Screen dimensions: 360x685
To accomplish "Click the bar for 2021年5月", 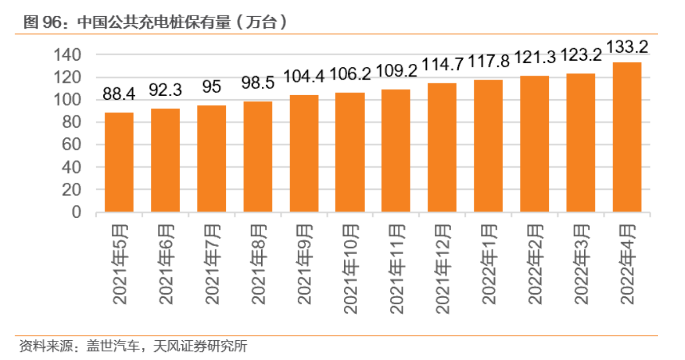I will (119, 162).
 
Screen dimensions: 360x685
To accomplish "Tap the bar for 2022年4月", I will (627, 137).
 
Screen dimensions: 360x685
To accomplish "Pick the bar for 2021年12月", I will (442, 147).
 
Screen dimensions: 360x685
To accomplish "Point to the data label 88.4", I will (119, 94).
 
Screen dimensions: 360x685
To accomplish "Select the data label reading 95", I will (212, 87).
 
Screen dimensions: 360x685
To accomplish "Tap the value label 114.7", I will (442, 64).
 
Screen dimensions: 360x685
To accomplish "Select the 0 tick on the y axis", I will (76, 212).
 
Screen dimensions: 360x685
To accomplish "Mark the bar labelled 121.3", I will (535, 144).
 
